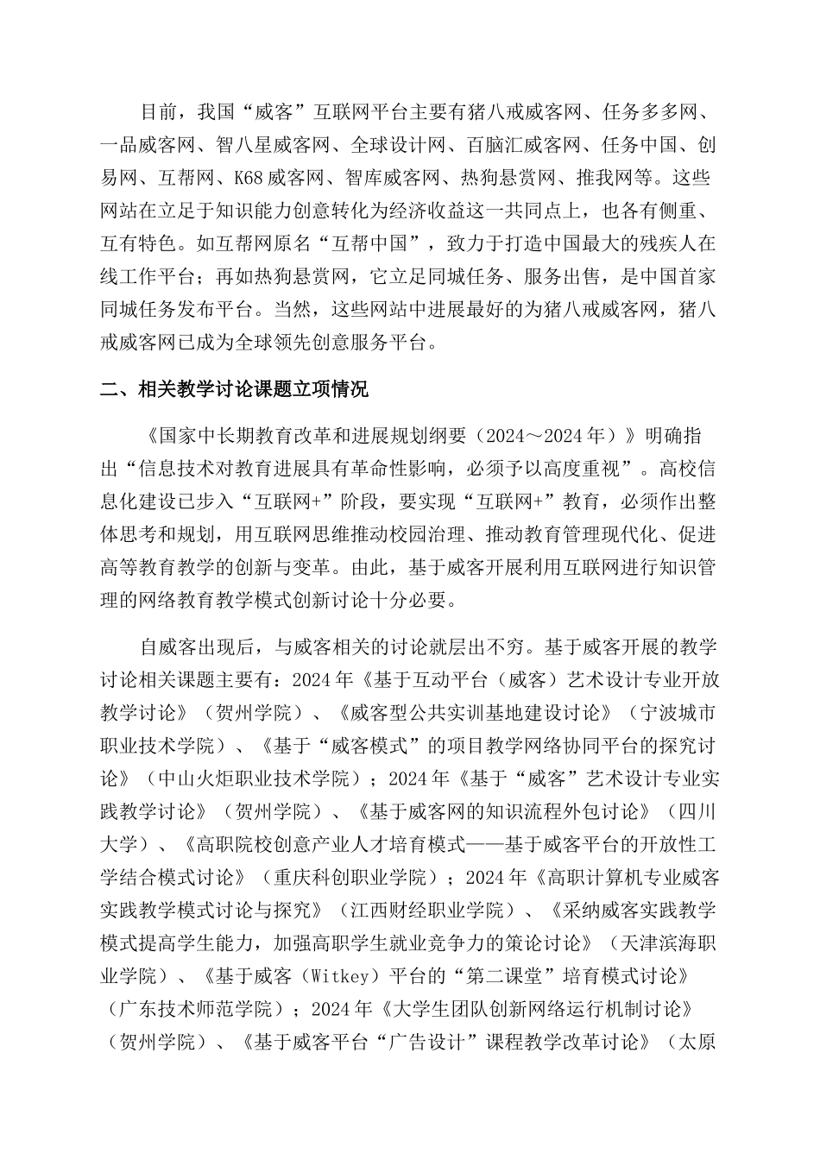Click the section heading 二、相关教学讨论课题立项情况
click(x=234, y=390)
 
